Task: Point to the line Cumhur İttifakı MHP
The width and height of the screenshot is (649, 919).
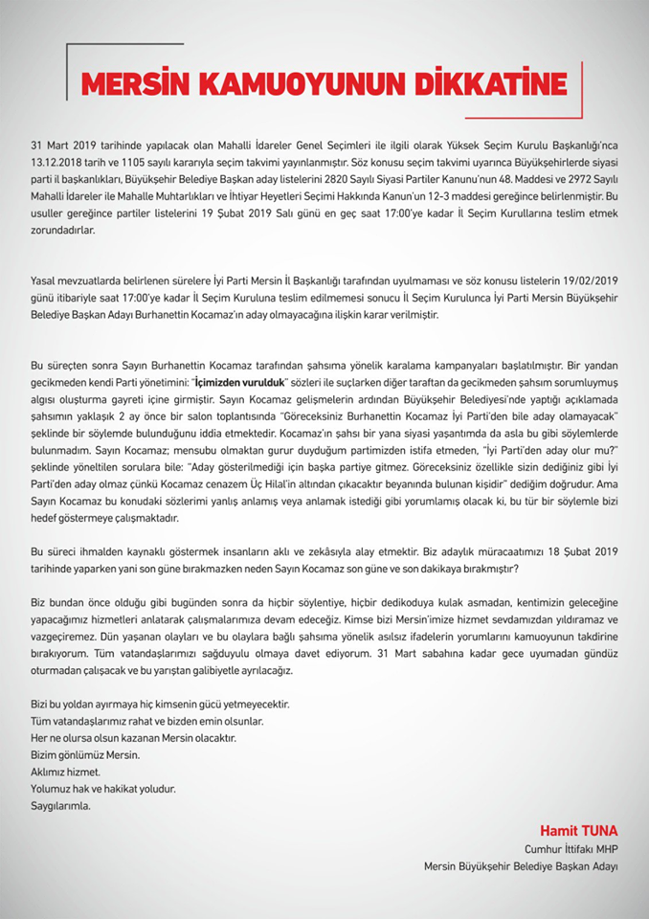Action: (x=571, y=848)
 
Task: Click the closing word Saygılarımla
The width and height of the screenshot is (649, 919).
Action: (x=61, y=806)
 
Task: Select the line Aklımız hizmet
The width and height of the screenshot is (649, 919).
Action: (x=65, y=772)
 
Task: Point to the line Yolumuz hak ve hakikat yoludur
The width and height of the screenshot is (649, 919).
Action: (x=103, y=789)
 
